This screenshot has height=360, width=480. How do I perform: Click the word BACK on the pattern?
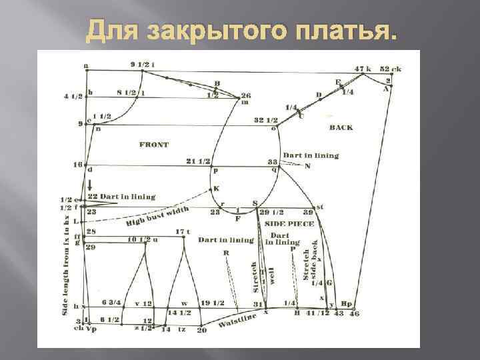tap(341, 127)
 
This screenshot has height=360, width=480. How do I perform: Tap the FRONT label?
tap(154, 144)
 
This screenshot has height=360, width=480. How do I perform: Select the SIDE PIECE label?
tap(289, 224)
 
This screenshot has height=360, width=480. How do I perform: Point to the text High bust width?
tap(158, 216)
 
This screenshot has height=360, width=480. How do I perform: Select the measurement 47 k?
tap(363, 69)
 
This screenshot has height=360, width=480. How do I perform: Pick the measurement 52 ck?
tap(390, 69)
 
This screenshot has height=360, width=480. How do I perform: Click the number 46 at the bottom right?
tap(354, 313)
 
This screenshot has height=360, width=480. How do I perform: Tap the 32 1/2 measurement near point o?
tap(265, 120)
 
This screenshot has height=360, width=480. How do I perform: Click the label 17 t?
tap(183, 232)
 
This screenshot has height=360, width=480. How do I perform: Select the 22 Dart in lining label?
tap(121, 197)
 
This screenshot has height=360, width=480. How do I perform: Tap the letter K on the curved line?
tap(216, 189)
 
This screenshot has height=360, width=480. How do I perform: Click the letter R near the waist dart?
tap(227, 253)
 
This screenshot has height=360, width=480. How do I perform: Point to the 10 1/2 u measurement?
tap(143, 239)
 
